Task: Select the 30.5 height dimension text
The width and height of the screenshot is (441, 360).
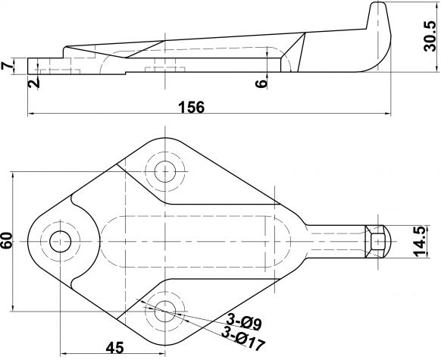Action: (x=430, y=37)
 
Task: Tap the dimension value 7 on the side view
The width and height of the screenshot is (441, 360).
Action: (x=8, y=67)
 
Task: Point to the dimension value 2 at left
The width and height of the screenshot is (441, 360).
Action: (x=33, y=82)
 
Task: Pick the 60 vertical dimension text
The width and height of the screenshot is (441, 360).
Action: (x=8, y=242)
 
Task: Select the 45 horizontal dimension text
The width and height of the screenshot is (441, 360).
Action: (x=114, y=348)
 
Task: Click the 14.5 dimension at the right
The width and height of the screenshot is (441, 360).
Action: (x=430, y=241)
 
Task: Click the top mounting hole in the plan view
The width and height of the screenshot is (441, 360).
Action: (x=164, y=171)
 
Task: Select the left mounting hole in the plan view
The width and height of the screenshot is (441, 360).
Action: (x=59, y=242)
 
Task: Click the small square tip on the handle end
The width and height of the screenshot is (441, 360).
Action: (x=378, y=241)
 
